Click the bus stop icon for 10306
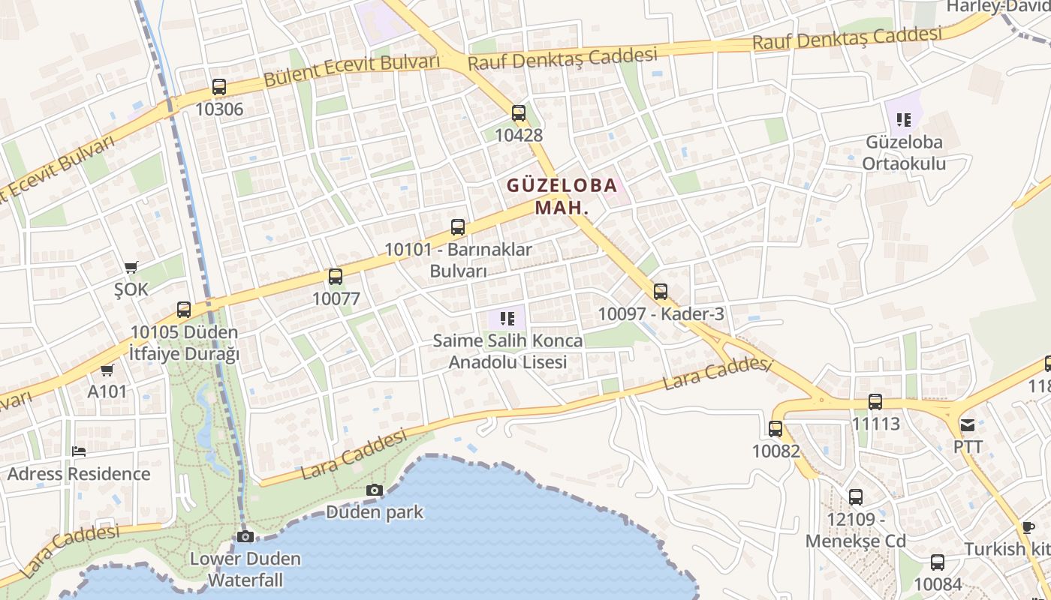tap(219, 87)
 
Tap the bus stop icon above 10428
tap(519, 113)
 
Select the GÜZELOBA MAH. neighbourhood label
tap(562, 196)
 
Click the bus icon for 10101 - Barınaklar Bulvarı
tap(458, 227)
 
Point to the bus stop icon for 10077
tap(336, 277)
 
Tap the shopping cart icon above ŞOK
tap(131, 267)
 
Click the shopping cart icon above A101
tap(107, 370)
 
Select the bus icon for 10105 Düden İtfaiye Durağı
tap(184, 310)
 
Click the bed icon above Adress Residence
tap(79, 451)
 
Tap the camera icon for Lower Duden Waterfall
tap(245, 536)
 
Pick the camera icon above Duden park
tap(374, 490)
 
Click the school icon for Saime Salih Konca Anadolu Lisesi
tap(507, 319)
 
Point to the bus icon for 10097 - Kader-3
tap(661, 292)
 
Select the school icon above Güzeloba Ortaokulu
tap(904, 119)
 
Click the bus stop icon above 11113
tap(875, 402)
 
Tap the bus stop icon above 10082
tap(775, 429)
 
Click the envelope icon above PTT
tap(968, 425)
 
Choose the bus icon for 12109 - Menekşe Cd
tap(856, 496)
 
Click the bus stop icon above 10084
tap(938, 562)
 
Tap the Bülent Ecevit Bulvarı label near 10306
tap(351, 70)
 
